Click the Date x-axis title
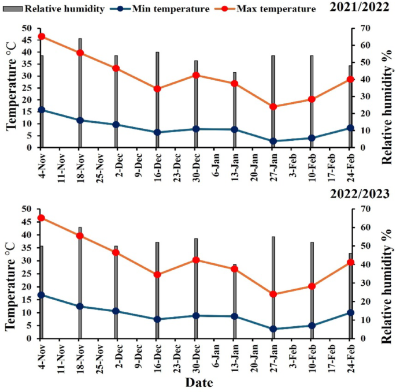tap(199, 383)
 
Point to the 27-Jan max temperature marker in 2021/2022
tap(273, 107)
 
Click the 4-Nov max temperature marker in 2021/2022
tap(41, 36)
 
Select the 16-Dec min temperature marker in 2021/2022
tap(157, 132)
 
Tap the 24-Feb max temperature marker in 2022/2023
tap(350, 262)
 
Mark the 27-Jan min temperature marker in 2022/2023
tap(273, 329)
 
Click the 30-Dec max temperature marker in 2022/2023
tap(195, 260)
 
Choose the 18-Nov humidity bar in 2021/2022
tap(80, 92)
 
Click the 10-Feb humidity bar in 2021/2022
tap(312, 101)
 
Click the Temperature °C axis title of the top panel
tap(11, 88)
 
